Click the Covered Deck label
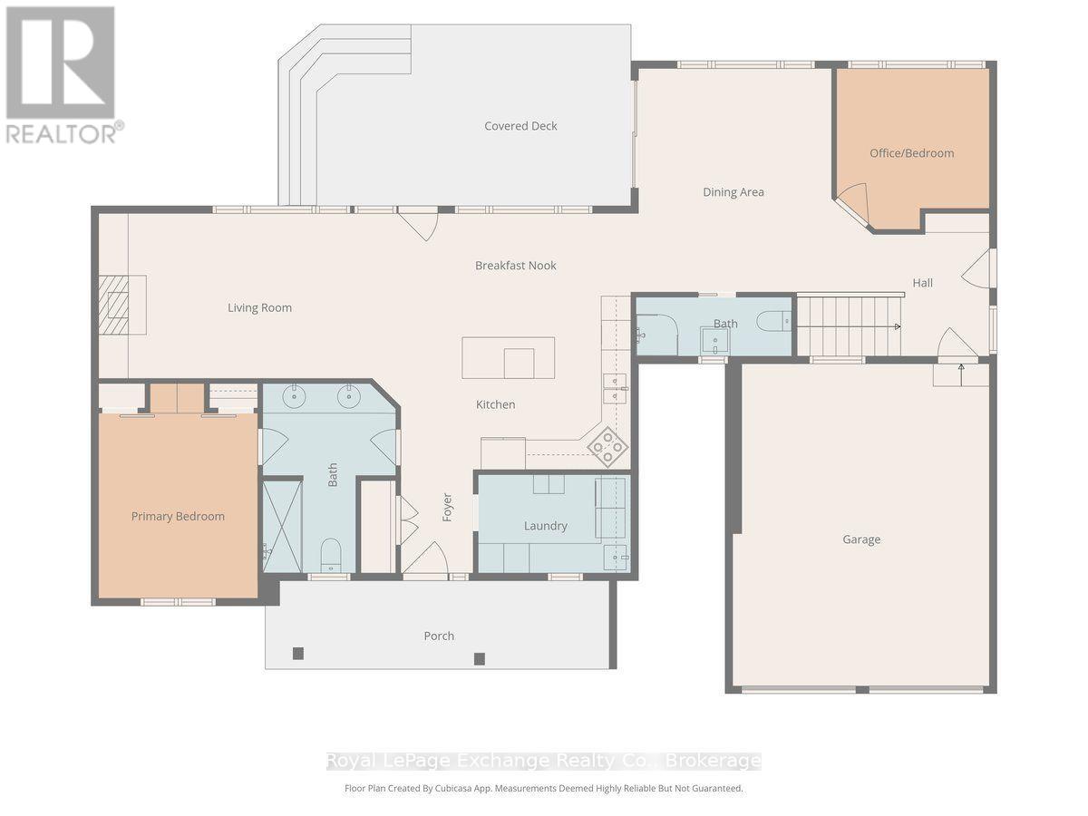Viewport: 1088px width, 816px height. (x=520, y=126)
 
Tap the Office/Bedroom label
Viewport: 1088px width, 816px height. (x=911, y=153)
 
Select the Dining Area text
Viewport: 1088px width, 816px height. (x=733, y=192)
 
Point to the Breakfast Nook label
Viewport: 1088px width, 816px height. (x=516, y=266)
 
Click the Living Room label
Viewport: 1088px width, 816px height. (x=259, y=308)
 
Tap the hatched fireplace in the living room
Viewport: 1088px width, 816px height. (x=114, y=305)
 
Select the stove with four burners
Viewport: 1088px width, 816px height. (x=607, y=447)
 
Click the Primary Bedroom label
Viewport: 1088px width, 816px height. (x=178, y=517)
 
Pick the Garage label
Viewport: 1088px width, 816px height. (x=861, y=539)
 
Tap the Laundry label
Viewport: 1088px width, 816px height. (x=545, y=526)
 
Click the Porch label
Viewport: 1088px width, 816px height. (x=439, y=636)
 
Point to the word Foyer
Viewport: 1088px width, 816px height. (x=447, y=508)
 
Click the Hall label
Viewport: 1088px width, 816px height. (x=922, y=283)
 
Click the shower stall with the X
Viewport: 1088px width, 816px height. (x=282, y=526)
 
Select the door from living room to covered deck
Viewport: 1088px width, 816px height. (x=418, y=224)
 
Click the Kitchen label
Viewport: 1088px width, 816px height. (x=495, y=404)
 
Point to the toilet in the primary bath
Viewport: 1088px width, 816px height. (x=331, y=556)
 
